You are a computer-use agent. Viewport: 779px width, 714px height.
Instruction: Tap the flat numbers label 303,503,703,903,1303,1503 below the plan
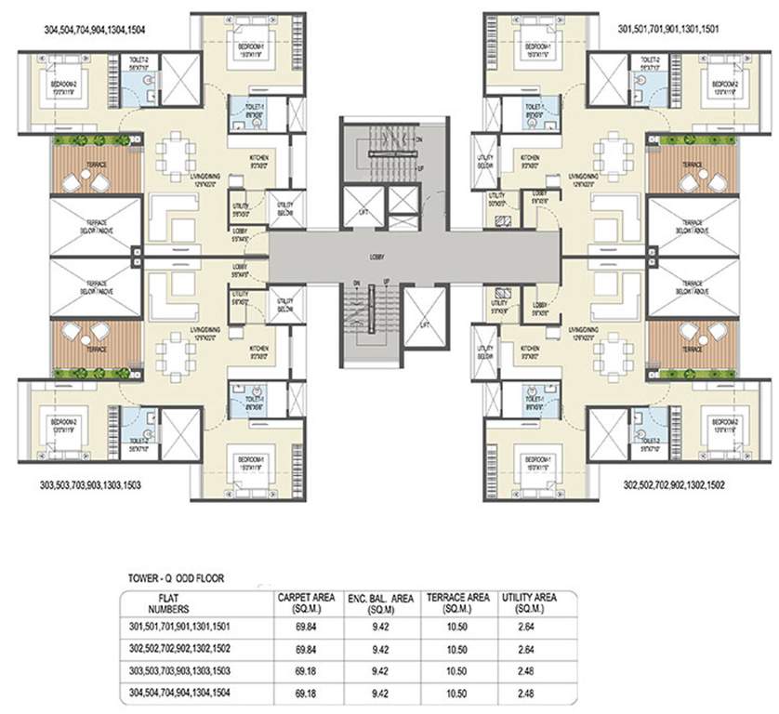pos(88,484)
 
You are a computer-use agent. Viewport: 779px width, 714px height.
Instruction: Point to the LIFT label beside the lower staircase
pos(424,324)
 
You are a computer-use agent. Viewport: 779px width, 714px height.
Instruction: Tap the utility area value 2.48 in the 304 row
pos(529,692)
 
